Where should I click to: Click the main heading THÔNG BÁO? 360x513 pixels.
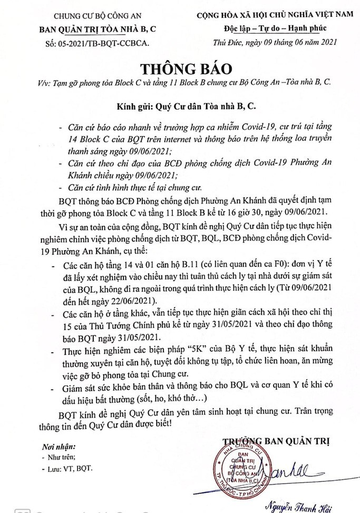[x=179, y=69]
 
